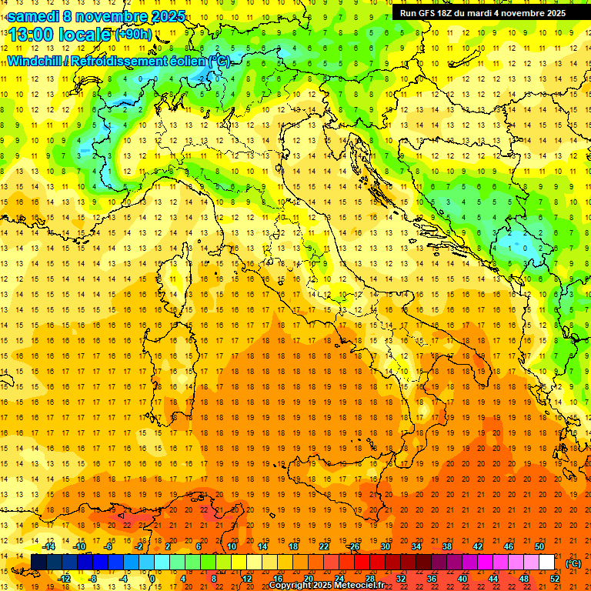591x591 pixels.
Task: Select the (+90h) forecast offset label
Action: click(132, 35)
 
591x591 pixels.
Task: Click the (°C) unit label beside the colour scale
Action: click(573, 563)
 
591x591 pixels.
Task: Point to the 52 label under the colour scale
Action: click(555, 579)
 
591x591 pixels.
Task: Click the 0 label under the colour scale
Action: click(152, 579)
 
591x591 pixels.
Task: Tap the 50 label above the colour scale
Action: click(539, 546)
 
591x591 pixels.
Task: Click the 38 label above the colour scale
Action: click(446, 546)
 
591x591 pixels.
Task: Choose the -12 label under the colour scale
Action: click(65, 579)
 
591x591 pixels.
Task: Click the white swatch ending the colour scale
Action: click(546, 563)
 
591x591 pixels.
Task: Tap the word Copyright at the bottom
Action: click(291, 586)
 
